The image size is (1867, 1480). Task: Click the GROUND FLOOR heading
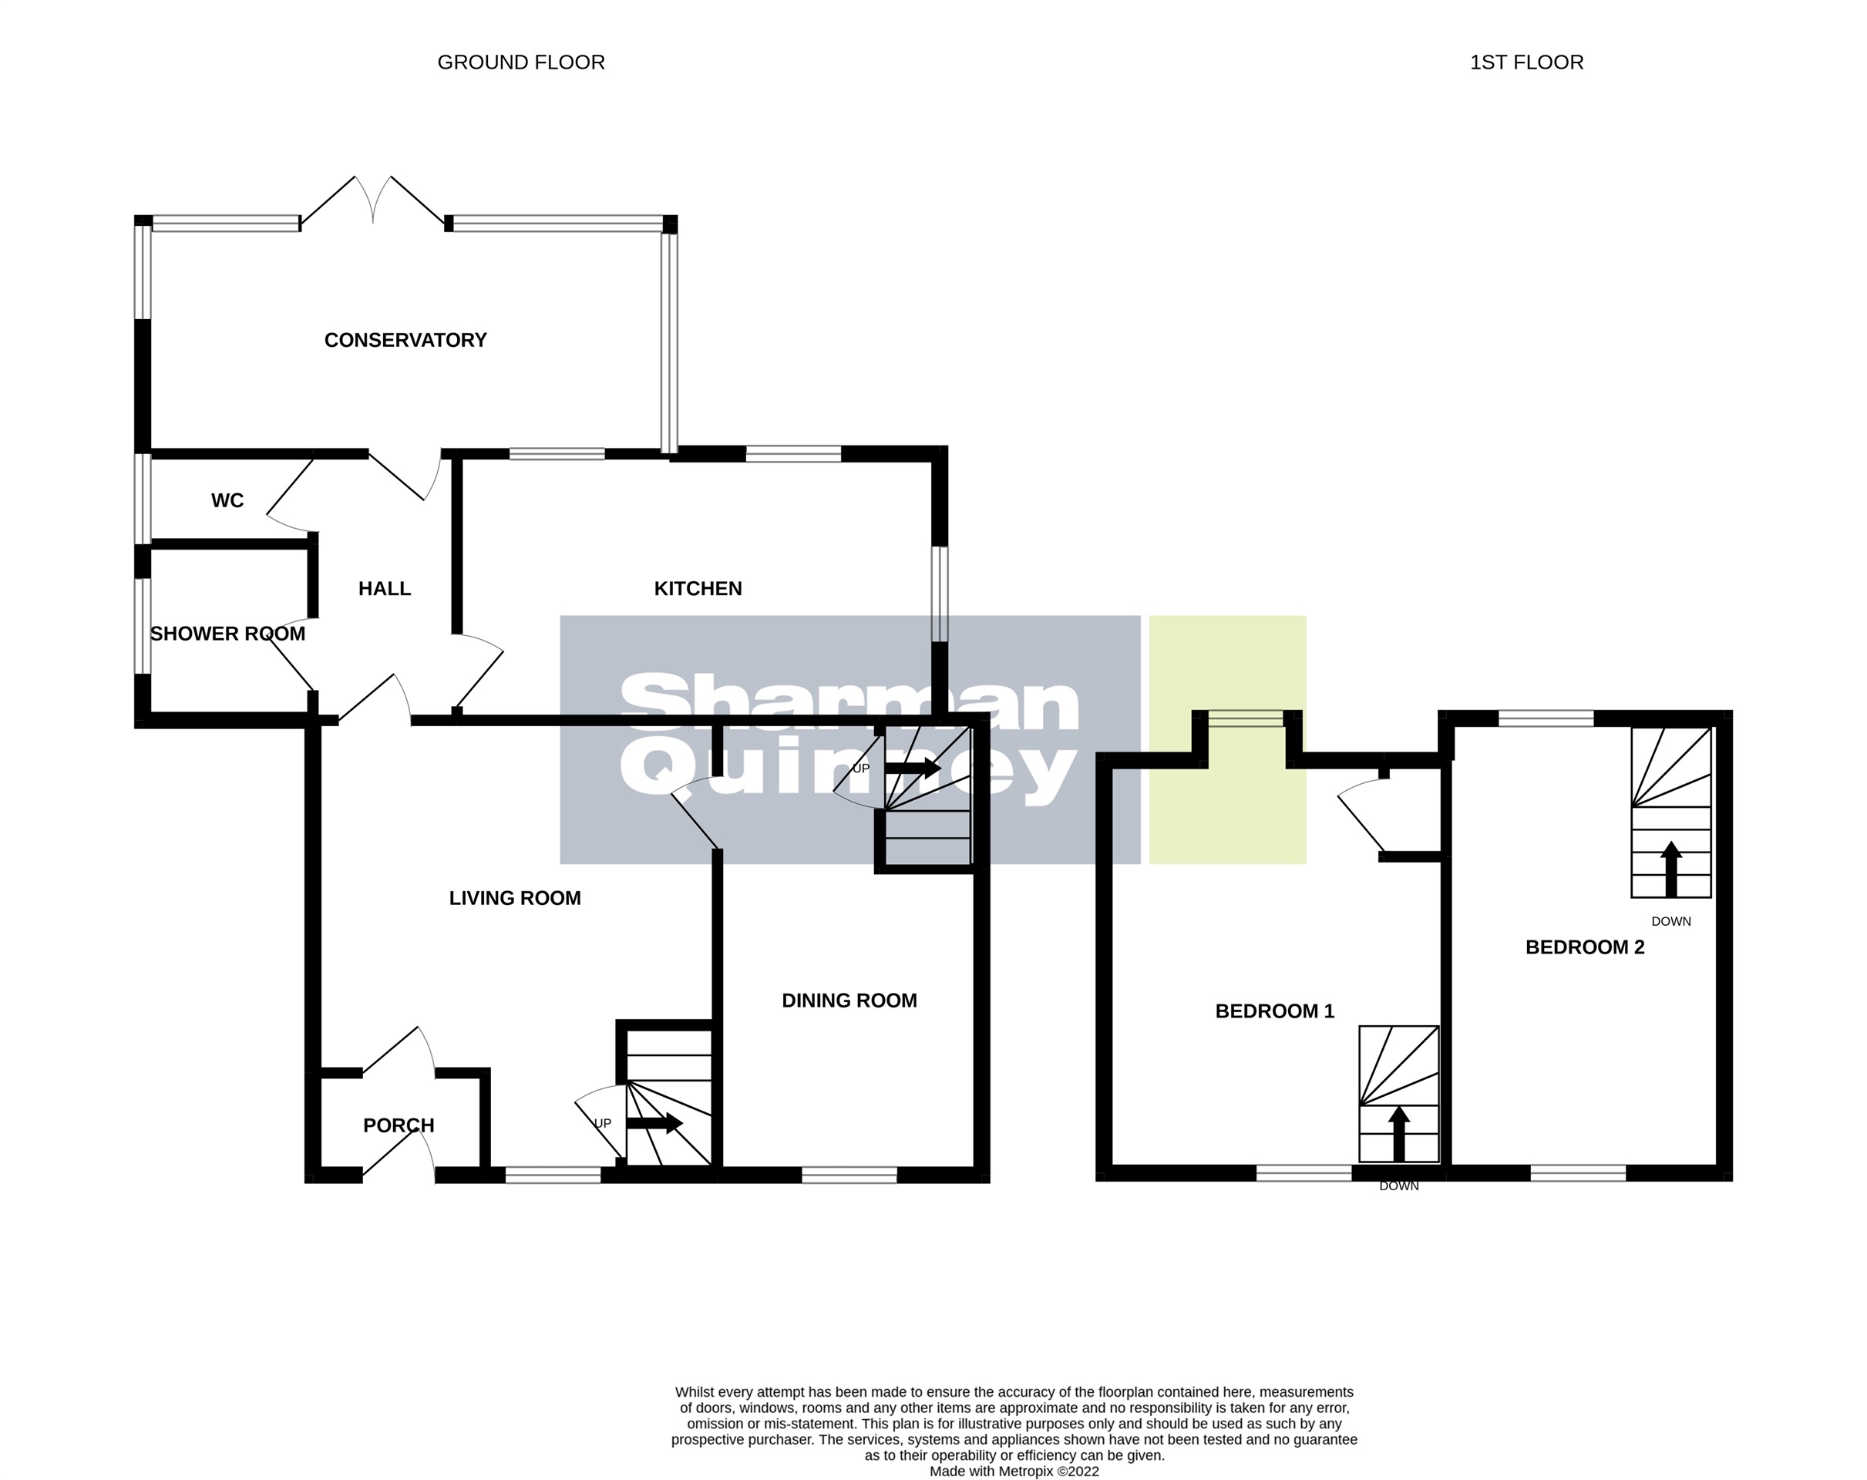[x=520, y=62]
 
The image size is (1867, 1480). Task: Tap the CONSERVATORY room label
[x=405, y=341]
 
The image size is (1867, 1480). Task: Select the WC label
[x=227, y=500]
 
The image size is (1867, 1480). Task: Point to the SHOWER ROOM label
[x=227, y=634]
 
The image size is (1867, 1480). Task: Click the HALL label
[x=385, y=589]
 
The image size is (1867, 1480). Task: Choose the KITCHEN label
[x=697, y=589]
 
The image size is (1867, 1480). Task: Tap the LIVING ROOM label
[x=514, y=898]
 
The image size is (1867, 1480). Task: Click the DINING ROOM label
[x=849, y=1001]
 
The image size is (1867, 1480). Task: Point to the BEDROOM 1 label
[x=1275, y=1011]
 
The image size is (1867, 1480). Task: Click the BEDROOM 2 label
[x=1585, y=947]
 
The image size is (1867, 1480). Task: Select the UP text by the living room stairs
[x=602, y=1123]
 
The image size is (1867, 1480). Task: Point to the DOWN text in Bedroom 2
[x=1670, y=921]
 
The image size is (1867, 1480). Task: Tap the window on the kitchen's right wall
[x=940, y=594]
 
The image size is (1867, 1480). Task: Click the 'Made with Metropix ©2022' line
[x=1014, y=1471]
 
